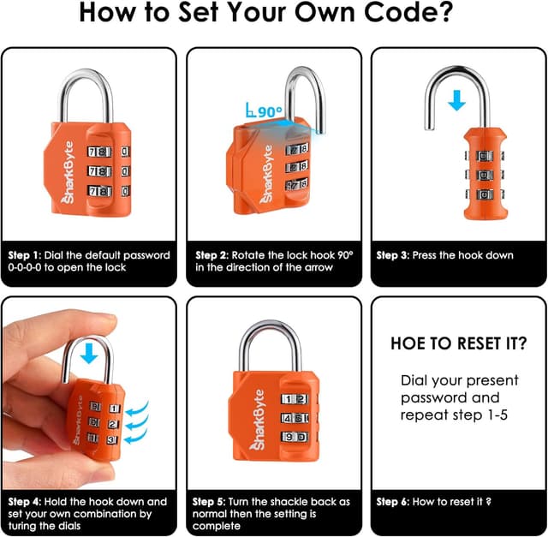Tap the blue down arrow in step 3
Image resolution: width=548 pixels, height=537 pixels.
tap(457, 99)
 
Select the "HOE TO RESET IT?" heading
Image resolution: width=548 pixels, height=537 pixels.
tap(458, 343)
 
